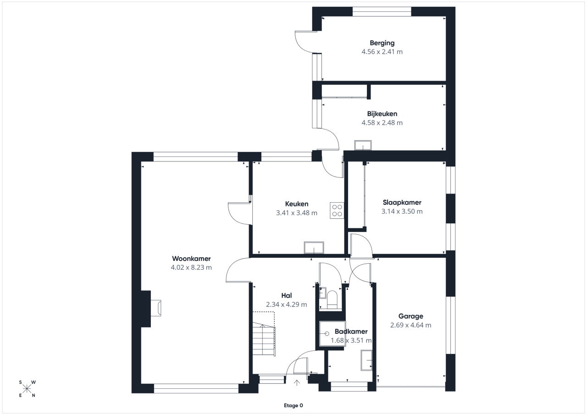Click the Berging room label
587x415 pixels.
382,43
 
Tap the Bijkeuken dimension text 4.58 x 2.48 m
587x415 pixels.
382,122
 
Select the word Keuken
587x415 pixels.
297,204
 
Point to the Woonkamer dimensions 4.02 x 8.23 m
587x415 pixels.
191,267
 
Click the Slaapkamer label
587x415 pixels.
402,203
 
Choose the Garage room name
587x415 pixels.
410,316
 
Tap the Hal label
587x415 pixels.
287,295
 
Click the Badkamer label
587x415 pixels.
351,332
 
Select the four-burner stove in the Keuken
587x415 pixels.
337,210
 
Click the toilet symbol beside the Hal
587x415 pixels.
332,299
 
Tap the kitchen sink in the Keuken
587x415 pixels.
314,248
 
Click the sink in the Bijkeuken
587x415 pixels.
363,145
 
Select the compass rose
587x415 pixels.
27,389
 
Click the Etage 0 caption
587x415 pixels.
293,405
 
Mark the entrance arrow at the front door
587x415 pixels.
297,383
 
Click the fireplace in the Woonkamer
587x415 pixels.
156,308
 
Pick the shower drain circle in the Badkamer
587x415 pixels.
327,333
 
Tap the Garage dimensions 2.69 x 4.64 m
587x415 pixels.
410,325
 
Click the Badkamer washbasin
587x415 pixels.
366,360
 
